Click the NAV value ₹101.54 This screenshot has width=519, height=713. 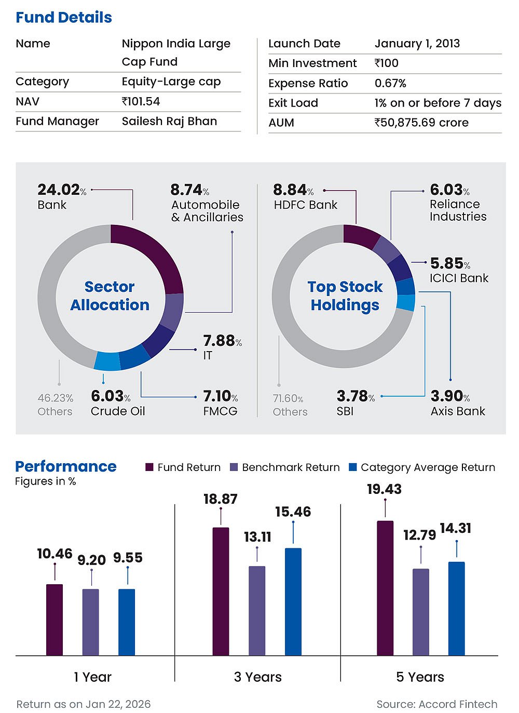141,101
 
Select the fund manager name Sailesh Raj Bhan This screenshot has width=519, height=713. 169,121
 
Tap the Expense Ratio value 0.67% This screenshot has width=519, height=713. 390,83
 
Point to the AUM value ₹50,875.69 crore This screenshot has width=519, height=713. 421,123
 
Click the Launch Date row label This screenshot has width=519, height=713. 304,44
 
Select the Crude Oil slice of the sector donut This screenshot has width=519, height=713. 107,361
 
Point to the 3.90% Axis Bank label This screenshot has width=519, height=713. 450,396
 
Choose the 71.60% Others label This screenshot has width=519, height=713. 289,399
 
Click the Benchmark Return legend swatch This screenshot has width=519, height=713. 234,467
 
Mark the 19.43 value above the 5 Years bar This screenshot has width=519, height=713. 384,489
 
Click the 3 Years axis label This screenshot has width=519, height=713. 258,677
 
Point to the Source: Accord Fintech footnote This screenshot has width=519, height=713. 437,704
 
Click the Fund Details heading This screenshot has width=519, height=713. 64,17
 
